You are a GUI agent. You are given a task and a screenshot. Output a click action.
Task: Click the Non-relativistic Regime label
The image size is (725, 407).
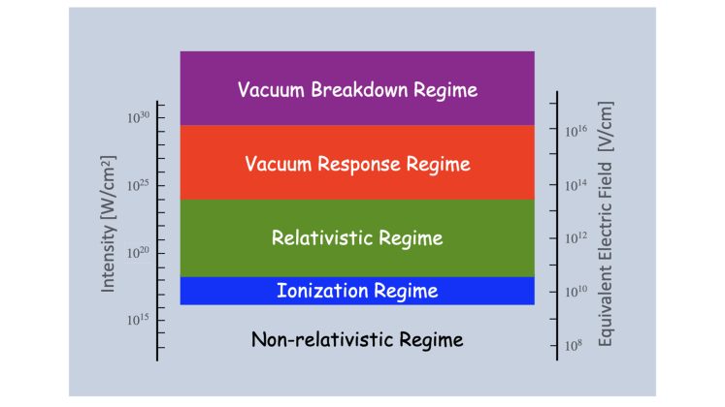(x=357, y=340)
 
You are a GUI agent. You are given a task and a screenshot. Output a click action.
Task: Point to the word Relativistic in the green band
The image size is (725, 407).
(x=325, y=238)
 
